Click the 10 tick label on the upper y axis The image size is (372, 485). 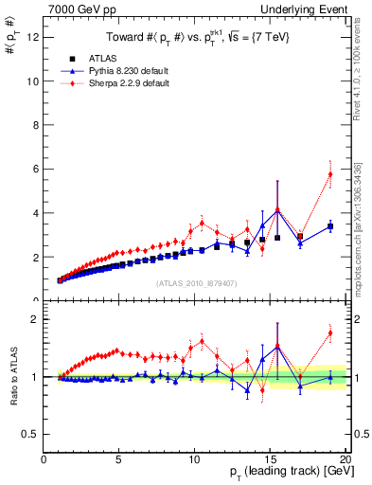[x=32, y=81]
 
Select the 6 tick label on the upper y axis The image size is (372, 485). [x=35, y=170]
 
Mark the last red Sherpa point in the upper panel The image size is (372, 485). [x=329, y=174]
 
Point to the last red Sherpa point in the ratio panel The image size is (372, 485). [x=329, y=332]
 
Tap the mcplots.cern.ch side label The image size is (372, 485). [x=358, y=237]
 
